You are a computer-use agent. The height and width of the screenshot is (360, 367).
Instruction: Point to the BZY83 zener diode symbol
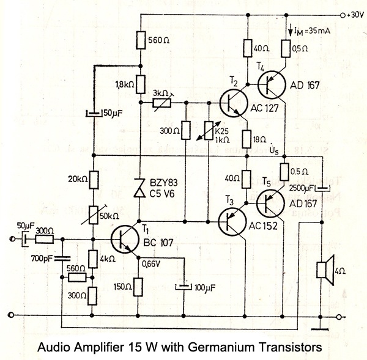coord(141,183)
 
